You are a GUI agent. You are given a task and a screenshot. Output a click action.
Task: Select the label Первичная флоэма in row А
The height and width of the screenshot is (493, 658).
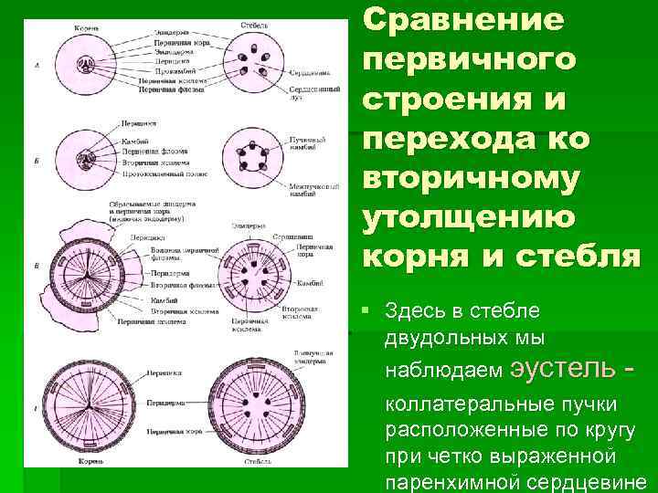click(164, 89)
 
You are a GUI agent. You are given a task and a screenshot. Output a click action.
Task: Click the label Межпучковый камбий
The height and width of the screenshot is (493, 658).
click(310, 188)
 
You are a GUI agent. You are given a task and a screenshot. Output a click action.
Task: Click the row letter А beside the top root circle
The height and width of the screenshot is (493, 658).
click(35, 67)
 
